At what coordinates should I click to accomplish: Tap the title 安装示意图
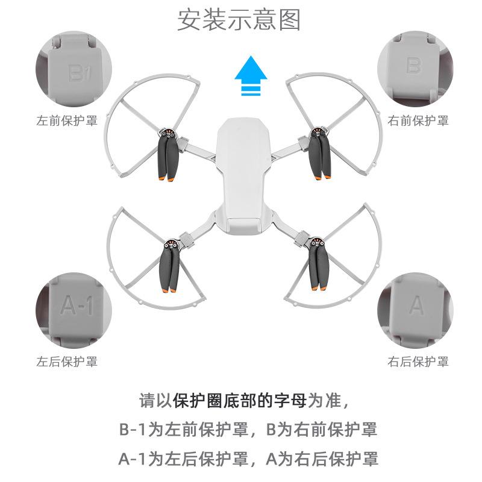pyautogui.click(x=239, y=21)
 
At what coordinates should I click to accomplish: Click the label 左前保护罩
pyautogui.click(x=67, y=120)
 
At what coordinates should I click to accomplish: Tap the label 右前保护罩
pyautogui.click(x=418, y=120)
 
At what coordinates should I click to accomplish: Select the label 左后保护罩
pyautogui.click(x=67, y=361)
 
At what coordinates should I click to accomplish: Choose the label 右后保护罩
pyautogui.click(x=418, y=361)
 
